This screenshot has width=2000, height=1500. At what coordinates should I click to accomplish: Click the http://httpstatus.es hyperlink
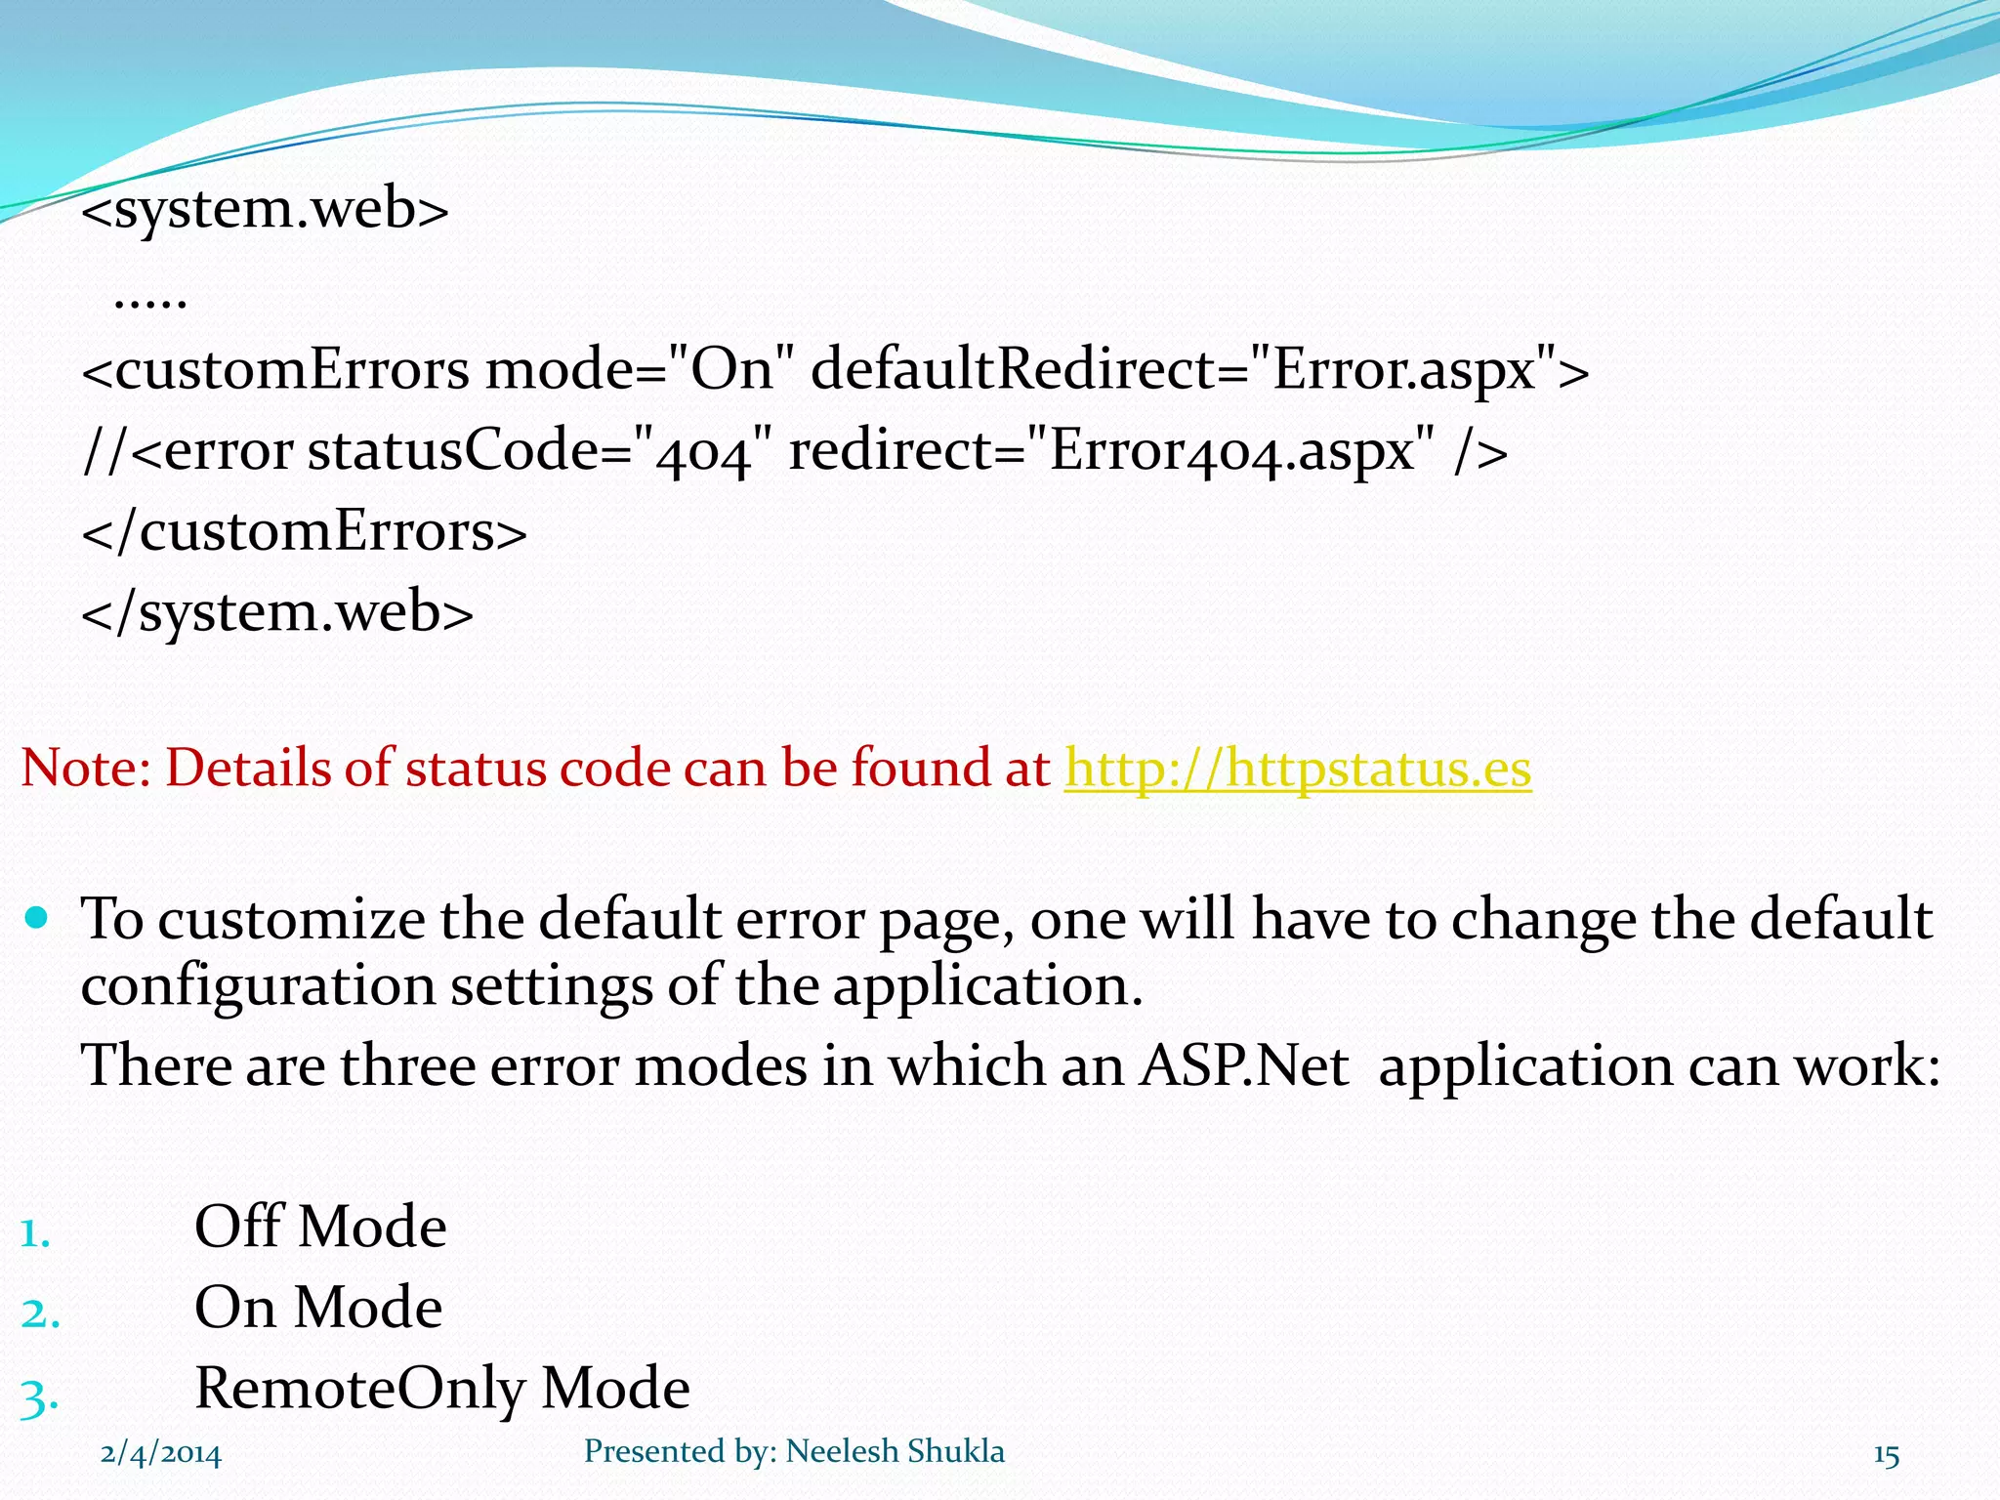[x=1297, y=769]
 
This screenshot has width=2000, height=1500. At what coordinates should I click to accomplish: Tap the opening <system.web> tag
[x=265, y=209]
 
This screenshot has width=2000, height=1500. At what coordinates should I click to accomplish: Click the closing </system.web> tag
[x=277, y=612]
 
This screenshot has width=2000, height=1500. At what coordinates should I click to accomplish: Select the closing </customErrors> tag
[x=304, y=532]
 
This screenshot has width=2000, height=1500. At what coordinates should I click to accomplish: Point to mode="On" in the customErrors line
[x=640, y=371]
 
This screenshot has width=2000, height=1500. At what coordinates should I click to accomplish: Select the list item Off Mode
[x=320, y=1228]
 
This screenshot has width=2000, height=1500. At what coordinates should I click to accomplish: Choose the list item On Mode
[x=318, y=1309]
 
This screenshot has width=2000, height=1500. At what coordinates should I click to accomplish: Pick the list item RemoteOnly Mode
[x=442, y=1389]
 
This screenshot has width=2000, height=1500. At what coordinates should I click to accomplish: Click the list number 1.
[x=35, y=1232]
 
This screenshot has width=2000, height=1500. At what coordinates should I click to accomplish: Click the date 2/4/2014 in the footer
[x=161, y=1454]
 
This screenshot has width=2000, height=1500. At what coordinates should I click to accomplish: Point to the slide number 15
[x=1886, y=1456]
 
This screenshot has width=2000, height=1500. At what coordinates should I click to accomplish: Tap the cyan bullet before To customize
[x=37, y=918]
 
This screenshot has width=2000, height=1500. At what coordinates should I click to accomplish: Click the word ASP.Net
[x=1244, y=1065]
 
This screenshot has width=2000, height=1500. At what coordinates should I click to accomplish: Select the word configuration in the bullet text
[x=258, y=985]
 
